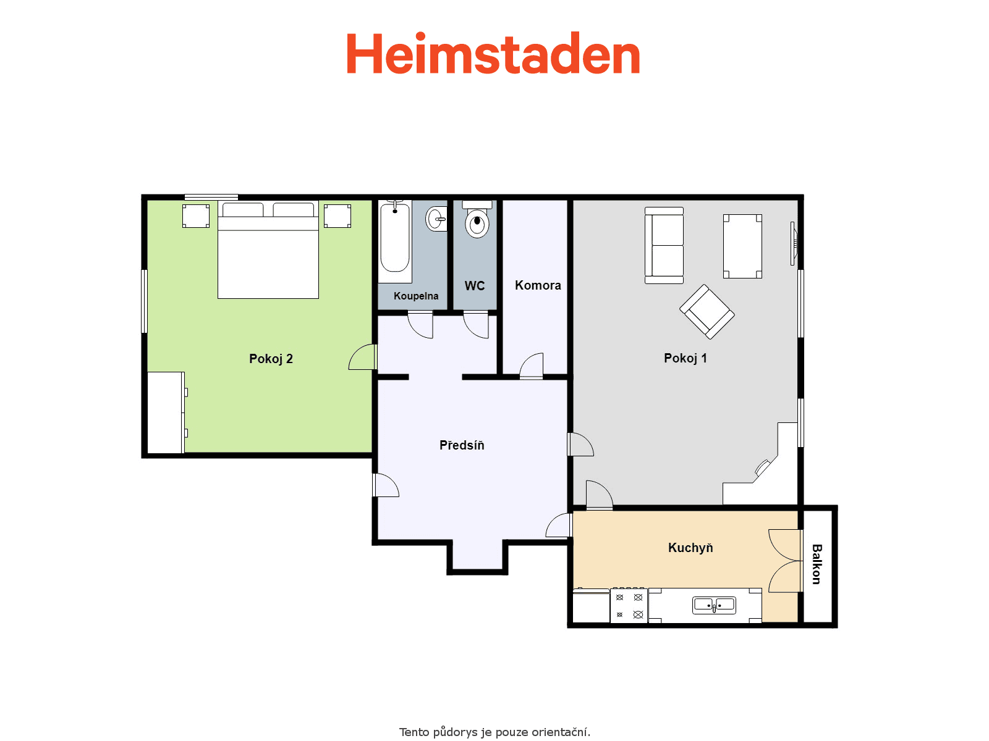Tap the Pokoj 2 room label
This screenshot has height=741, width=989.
point(271,359)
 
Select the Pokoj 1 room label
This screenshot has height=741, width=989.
point(685,358)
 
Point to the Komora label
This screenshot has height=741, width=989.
point(538,285)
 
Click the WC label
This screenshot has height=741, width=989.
point(475,286)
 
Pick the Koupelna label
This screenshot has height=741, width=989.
point(416,296)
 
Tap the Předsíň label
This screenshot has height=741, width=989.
point(462,445)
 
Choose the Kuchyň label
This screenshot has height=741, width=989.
point(690,548)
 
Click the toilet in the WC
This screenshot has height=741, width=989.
point(477,220)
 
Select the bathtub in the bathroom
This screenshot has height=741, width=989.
point(395,241)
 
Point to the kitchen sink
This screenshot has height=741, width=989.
point(714,606)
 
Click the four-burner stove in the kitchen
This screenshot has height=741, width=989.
point(629,606)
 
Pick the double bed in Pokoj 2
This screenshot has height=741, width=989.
point(268,249)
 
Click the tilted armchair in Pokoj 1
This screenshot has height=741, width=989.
point(707,311)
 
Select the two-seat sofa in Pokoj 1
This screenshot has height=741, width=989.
point(664,245)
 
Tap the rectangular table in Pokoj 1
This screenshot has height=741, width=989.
point(742,246)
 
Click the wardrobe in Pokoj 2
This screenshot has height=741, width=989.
point(166,412)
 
